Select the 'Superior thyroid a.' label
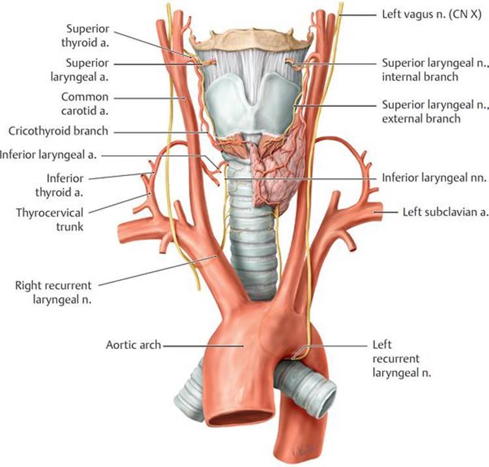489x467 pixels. tap(87, 37)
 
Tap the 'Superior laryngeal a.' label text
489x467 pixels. tap(87, 70)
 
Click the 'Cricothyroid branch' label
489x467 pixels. tap(58, 131)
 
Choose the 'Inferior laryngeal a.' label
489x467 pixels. tap(51, 155)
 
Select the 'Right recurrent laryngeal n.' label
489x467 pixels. tap(53, 292)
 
